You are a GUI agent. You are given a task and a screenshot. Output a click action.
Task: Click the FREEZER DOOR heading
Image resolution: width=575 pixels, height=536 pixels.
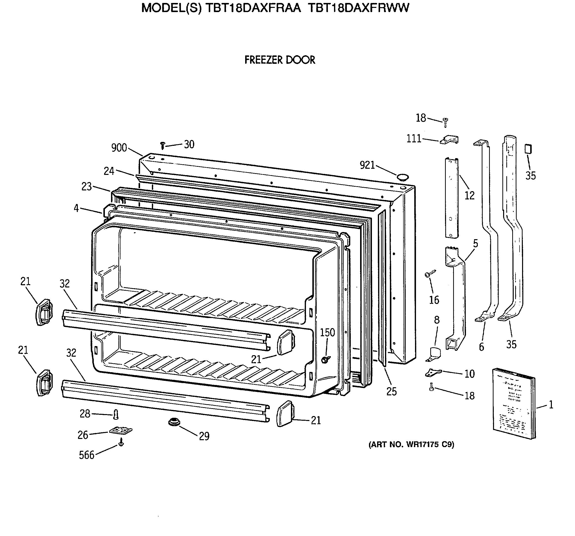pos(279,60)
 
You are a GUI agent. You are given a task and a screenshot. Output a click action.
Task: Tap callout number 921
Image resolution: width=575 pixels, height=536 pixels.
pos(367,165)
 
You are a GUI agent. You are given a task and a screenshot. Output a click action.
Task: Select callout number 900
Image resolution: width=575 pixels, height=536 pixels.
pos(119,148)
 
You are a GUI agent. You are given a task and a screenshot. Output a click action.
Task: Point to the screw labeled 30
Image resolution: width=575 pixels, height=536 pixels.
pos(162,145)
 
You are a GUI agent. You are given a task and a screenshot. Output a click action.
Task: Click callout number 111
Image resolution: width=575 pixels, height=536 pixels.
pos(414,139)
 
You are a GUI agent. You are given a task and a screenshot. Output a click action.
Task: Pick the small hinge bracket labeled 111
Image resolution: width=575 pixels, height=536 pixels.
pos(449,140)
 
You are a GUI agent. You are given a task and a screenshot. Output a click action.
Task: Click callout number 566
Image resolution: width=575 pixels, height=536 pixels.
pos(86,455)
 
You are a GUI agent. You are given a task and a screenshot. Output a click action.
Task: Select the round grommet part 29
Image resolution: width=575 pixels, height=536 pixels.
pos(174,422)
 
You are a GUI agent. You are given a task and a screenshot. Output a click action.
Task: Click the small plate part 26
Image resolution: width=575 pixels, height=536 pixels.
pos(121,431)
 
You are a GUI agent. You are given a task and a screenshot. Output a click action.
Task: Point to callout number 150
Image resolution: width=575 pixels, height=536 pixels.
pos(327,333)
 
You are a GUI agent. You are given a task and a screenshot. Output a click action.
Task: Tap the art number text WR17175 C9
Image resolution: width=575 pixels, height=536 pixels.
pos(411,445)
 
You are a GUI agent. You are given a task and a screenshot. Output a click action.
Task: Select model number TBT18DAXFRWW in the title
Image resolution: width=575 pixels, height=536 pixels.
pos(358,8)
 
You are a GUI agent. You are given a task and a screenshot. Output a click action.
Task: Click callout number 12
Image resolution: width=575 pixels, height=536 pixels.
pos(469,196)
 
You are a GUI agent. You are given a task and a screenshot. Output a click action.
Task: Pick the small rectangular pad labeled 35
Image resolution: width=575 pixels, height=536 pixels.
pos(528,149)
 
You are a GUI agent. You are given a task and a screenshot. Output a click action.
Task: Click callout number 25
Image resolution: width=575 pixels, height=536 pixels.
pos(391,392)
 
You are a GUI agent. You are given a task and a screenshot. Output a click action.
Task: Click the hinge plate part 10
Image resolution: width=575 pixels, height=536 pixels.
pos(433,373)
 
